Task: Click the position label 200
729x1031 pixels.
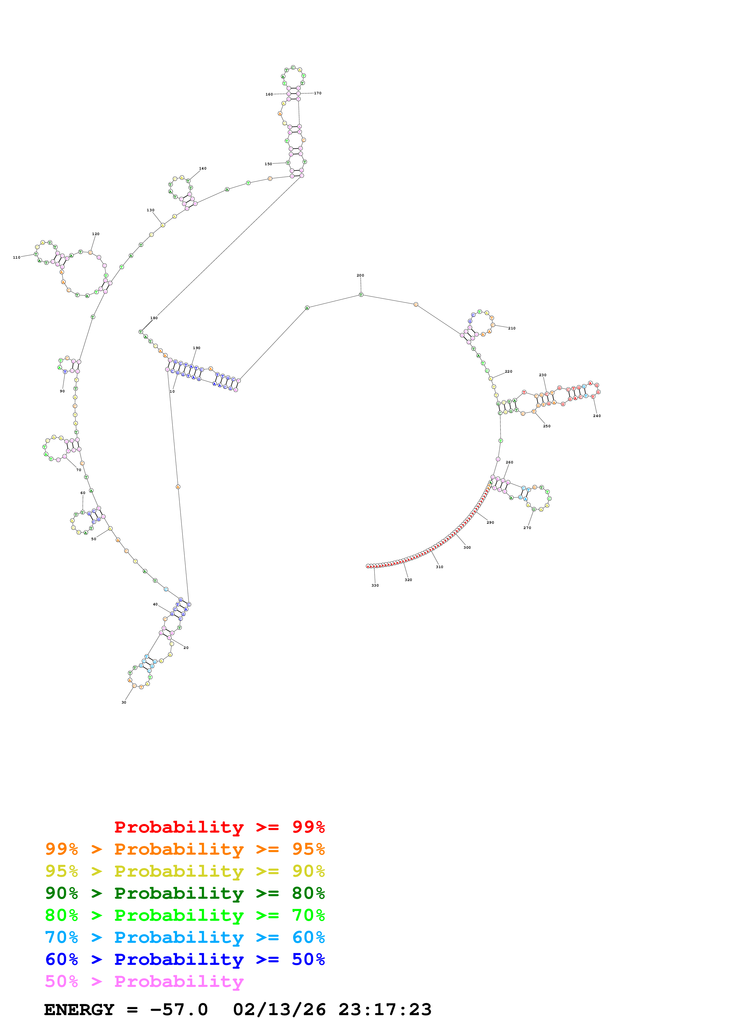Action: (360, 275)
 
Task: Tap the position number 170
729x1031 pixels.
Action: (318, 93)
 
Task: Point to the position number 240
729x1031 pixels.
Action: (596, 416)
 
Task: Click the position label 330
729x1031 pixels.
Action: (375, 585)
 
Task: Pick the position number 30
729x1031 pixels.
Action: (124, 702)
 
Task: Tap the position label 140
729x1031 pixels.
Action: (203, 168)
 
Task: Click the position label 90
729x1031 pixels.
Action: (62, 391)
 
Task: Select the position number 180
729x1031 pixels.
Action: (154, 318)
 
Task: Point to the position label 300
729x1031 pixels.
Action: (467, 547)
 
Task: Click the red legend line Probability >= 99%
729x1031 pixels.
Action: (219, 827)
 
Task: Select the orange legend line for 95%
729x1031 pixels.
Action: (185, 849)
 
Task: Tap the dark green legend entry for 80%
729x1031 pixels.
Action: (185, 893)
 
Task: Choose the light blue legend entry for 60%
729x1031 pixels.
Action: (185, 937)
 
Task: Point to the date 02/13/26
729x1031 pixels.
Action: (279, 1010)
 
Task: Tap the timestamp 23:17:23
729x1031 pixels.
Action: (385, 1010)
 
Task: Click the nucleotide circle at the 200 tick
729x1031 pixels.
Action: (361, 294)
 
